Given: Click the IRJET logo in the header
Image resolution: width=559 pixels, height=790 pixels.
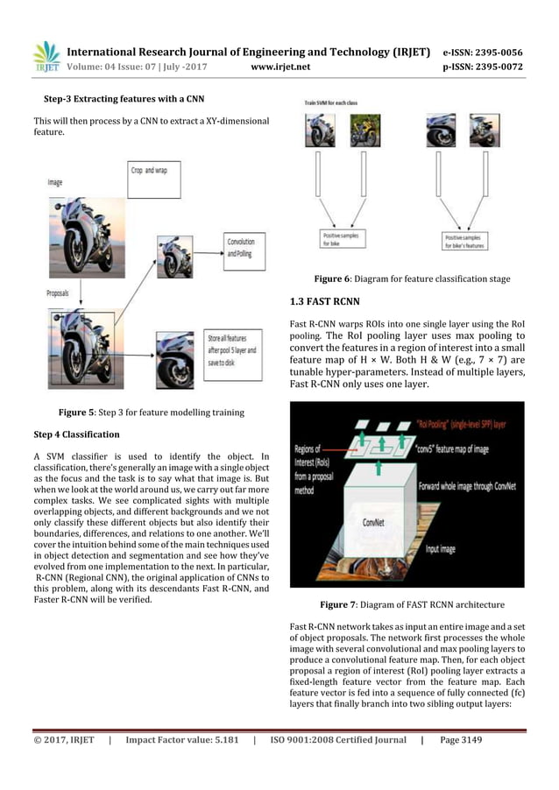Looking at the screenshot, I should click(x=46, y=55).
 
